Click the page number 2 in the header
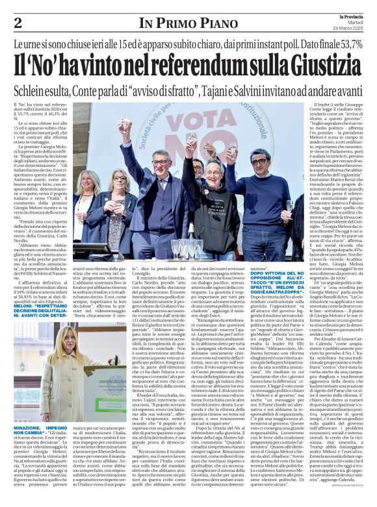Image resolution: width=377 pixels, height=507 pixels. [18, 23]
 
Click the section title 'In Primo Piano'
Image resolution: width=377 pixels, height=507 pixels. [183, 23]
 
